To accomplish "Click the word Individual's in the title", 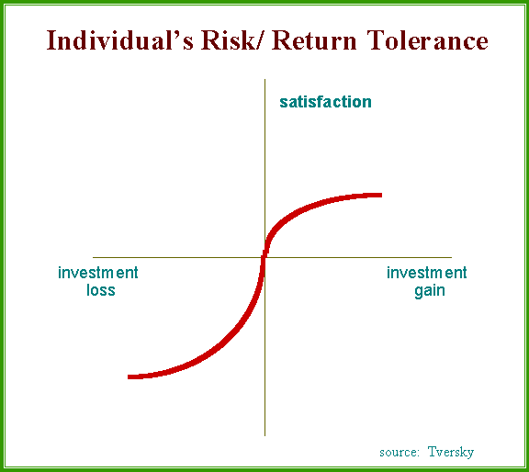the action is (119, 40).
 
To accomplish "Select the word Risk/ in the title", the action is (231, 40).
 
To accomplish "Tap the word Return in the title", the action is (314, 40).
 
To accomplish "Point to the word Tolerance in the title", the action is (427, 40).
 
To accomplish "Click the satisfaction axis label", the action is (325, 102).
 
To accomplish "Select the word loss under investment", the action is (101, 290).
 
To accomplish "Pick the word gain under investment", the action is (430, 291).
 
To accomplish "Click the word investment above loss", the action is (98, 273).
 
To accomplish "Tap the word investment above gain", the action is (427, 273).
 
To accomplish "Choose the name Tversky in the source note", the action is (451, 452).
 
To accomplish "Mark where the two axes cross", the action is (264, 257).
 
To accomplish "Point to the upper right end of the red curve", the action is (381, 195).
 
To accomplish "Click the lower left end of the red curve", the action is (129, 376).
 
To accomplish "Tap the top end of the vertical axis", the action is (264, 79).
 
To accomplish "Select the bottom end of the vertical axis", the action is (264, 436).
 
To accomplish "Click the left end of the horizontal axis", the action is (93, 257).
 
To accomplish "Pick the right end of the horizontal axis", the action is (452, 257).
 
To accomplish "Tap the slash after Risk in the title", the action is (258, 40).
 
